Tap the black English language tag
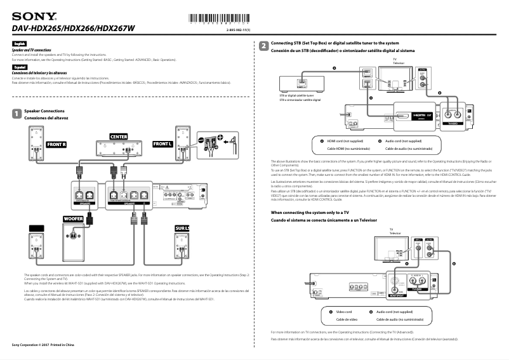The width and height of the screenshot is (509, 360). [x=19, y=43]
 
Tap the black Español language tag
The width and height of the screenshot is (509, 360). [x=20, y=66]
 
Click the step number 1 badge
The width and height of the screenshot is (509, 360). [x=16, y=113]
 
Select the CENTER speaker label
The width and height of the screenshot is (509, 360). [x=119, y=137]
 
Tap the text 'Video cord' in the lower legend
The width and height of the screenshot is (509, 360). [x=343, y=312]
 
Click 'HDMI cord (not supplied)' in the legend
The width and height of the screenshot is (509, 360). [x=345, y=141]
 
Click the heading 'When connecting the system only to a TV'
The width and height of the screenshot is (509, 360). [x=310, y=212]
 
